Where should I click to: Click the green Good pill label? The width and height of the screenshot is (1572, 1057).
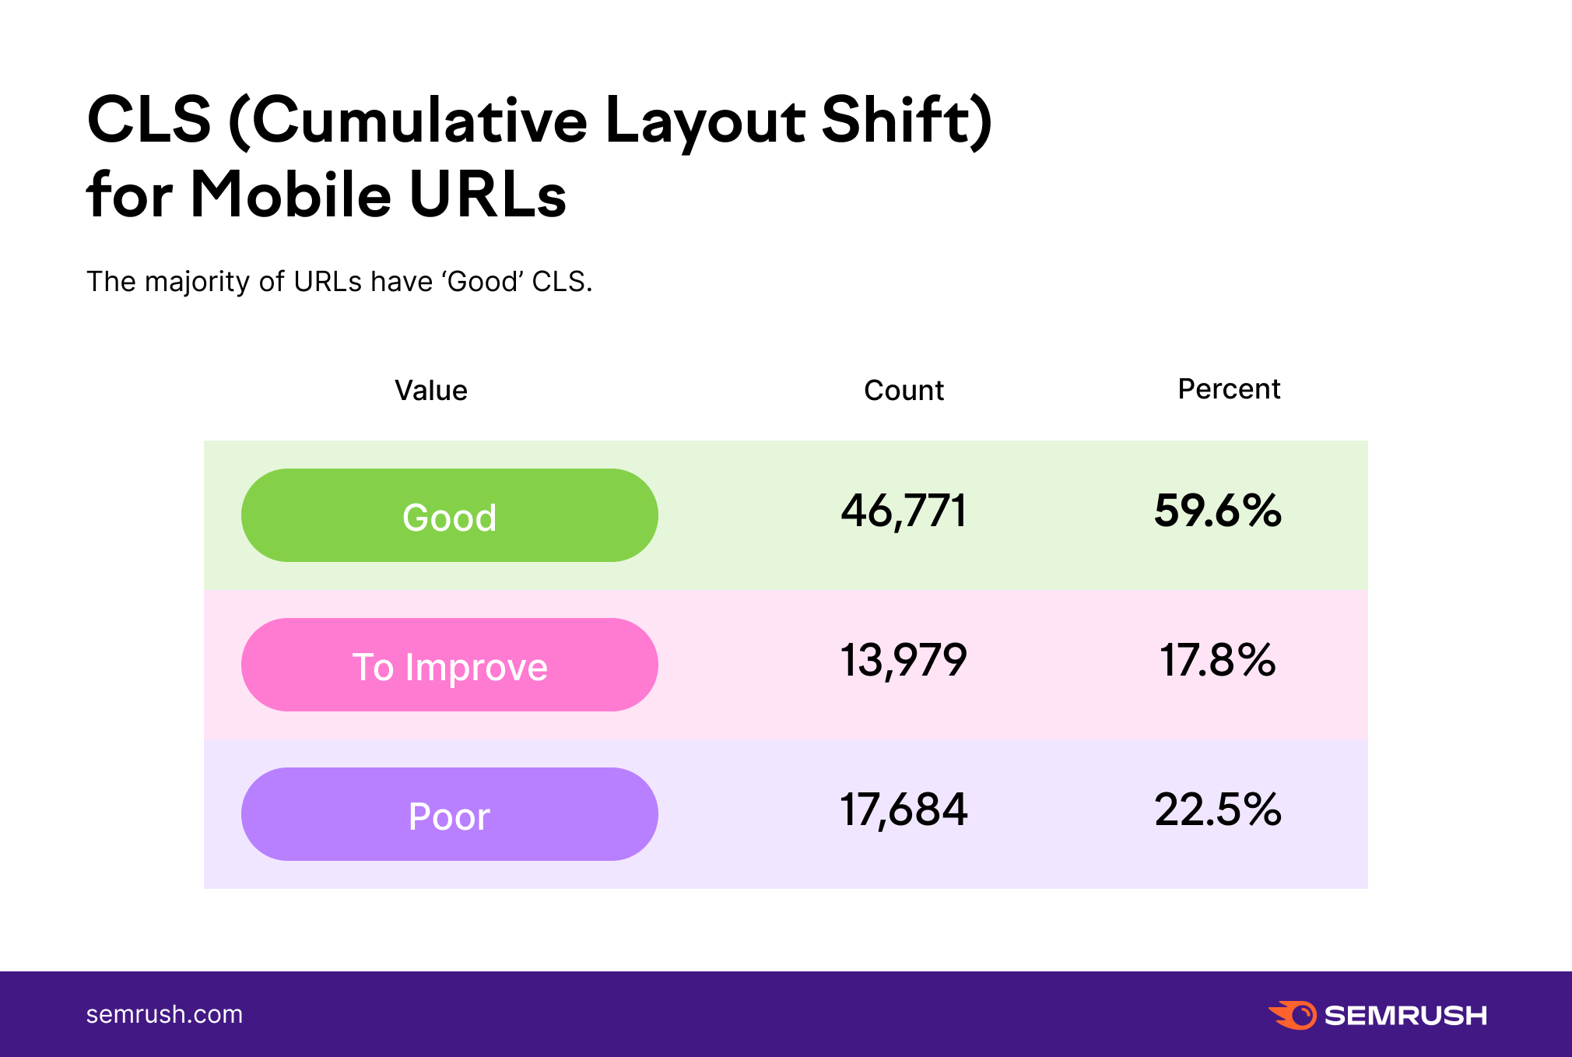(x=450, y=515)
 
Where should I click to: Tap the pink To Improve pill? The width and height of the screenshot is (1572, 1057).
(x=450, y=665)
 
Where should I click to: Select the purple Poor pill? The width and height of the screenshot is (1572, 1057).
(x=450, y=814)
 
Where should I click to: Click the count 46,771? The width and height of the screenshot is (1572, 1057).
(x=904, y=511)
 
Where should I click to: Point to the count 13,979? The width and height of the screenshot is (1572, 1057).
(x=904, y=661)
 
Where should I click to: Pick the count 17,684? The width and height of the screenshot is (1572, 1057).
(x=904, y=810)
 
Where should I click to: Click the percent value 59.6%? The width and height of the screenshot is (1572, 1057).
(x=1218, y=511)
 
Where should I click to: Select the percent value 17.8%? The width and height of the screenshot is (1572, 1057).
(x=1218, y=660)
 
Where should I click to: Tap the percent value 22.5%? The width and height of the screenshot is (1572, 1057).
(x=1218, y=809)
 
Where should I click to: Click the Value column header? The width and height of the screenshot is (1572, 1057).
(x=431, y=391)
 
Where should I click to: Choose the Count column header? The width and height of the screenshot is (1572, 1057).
(x=904, y=391)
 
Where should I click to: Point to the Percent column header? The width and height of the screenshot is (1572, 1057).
(x=1229, y=389)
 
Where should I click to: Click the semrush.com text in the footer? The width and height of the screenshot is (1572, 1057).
(x=164, y=1015)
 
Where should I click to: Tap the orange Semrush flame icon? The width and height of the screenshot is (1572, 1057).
(x=1293, y=1015)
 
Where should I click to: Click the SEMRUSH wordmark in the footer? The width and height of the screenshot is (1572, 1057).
(x=1405, y=1016)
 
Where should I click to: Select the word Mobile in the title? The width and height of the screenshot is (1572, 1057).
(x=291, y=195)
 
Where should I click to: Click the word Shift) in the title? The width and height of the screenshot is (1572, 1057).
(x=907, y=121)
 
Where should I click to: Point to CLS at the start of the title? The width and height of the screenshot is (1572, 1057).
(x=149, y=120)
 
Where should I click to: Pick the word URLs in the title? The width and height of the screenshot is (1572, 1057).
(x=488, y=195)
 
